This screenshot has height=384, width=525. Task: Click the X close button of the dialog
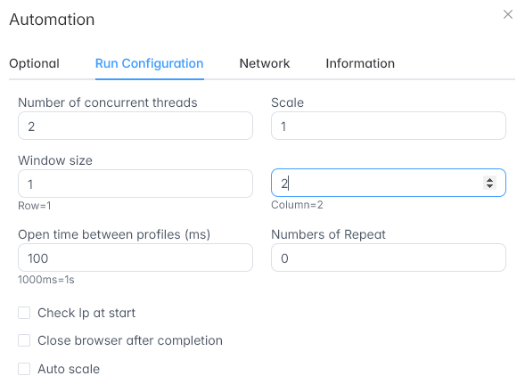click(508, 14)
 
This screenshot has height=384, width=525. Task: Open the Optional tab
click(34, 63)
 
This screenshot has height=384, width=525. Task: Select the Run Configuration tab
click(150, 63)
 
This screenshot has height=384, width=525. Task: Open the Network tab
click(265, 63)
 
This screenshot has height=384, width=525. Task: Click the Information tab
click(360, 63)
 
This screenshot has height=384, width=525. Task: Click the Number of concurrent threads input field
click(135, 126)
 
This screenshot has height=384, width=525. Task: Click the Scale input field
click(389, 126)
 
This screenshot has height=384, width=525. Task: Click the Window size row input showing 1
click(135, 184)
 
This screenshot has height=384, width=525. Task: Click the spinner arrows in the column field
click(490, 183)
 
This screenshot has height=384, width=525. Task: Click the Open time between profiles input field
click(135, 257)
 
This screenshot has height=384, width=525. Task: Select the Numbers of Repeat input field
click(389, 257)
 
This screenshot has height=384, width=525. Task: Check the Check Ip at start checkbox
click(24, 313)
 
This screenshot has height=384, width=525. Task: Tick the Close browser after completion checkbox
click(24, 340)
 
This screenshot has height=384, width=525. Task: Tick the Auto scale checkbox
click(24, 369)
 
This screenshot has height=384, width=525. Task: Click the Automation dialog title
click(52, 20)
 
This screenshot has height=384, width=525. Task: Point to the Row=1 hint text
click(35, 206)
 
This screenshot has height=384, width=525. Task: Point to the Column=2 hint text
click(297, 205)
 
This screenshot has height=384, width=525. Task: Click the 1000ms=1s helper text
click(46, 280)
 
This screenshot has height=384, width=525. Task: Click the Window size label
click(55, 160)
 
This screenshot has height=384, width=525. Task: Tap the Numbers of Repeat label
click(329, 234)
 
